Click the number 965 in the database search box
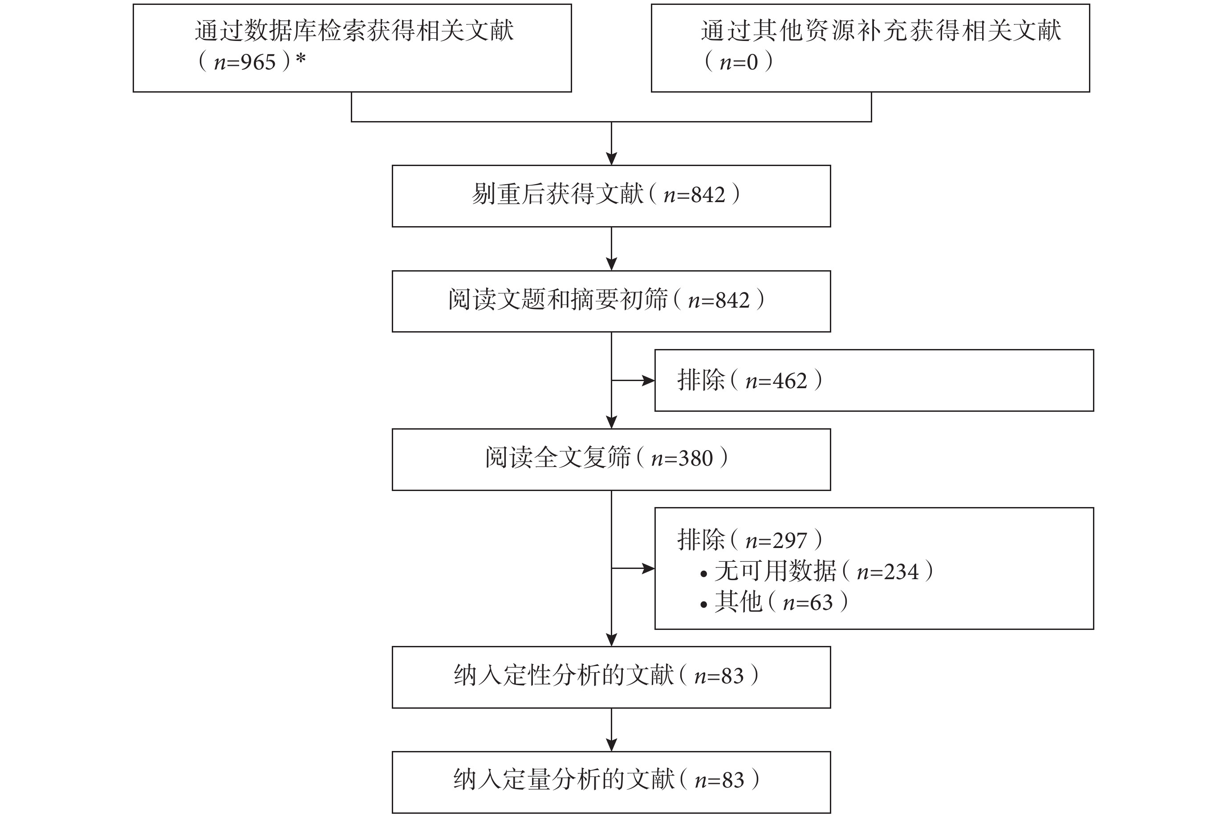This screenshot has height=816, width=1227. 258,62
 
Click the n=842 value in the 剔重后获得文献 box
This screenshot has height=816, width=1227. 694,195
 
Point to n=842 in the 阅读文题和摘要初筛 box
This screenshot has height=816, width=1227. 719,301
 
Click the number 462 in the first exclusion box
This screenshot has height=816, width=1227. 790,382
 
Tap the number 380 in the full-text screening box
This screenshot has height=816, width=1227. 696,459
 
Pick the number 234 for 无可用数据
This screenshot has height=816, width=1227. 901,572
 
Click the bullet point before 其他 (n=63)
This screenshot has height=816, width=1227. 703,605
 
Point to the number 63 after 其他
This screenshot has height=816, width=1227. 822,603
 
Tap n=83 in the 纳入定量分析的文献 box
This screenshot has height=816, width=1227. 719,780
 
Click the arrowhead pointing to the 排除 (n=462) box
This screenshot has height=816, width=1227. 648,381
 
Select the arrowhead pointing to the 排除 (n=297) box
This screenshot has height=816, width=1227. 648,569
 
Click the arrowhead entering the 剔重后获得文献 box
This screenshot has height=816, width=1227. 611,159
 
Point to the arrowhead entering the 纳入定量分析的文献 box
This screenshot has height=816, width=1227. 611,745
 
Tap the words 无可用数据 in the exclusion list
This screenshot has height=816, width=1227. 775,571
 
